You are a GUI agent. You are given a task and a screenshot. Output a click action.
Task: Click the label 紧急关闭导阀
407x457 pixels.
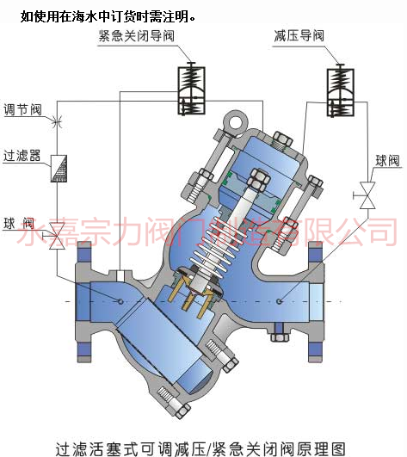pos(136,36)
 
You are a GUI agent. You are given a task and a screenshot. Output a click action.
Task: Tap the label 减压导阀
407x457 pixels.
pos(299,36)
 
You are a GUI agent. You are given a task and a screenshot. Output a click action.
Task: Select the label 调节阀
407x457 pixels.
pos(22,109)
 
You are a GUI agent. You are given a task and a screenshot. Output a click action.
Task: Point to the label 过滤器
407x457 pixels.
pos(22,155)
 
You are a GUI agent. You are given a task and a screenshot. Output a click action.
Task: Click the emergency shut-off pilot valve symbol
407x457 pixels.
pos(191,89)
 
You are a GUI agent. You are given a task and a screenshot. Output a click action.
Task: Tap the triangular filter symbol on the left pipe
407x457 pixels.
pos(59,169)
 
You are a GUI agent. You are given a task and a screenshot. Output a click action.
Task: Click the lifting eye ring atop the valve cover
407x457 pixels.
pos(236,123)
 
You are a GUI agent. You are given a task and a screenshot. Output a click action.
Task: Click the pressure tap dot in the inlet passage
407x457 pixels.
pos(120,301)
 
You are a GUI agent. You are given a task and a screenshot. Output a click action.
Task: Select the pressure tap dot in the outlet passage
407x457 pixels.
pos(280,301)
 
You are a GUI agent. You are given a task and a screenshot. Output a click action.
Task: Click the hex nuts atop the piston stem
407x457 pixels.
pos(258,180)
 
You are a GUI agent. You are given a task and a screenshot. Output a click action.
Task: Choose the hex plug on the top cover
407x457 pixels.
pos(282,141)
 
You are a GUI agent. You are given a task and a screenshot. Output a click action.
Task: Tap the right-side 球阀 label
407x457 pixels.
pos(386,161)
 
